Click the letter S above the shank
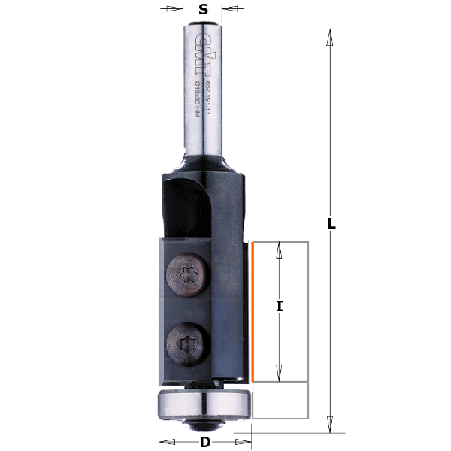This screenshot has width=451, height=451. (202, 10)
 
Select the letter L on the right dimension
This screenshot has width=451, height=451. (331, 224)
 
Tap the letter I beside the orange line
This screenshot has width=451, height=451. (280, 307)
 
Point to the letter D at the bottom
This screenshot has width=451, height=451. (204, 442)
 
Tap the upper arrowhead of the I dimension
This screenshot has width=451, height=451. (280, 250)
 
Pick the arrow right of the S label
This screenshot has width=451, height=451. (230, 10)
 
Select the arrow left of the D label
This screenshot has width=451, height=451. (168, 442)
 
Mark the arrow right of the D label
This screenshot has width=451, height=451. (243, 442)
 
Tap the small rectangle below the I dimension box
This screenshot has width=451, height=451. (281, 399)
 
